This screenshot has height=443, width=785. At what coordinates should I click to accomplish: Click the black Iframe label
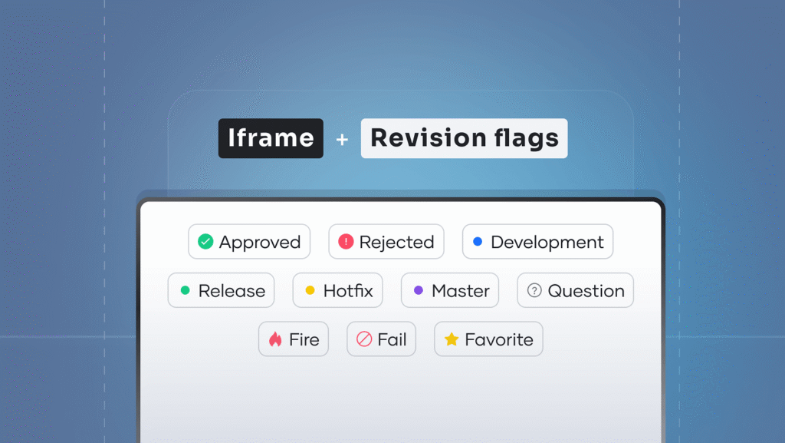coord(271,138)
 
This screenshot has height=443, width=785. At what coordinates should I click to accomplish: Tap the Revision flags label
coord(464,138)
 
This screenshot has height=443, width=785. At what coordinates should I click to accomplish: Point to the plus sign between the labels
coord(342,139)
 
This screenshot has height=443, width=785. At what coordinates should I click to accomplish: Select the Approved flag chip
coord(249,242)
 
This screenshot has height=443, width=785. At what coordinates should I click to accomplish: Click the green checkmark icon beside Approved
coord(205,242)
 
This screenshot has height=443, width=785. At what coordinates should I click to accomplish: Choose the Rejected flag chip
coord(386,242)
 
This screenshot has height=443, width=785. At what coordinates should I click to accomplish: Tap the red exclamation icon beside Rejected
coord(346,242)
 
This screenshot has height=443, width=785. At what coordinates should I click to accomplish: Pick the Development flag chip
coord(537,242)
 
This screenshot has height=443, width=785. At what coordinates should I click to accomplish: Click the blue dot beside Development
coord(478,242)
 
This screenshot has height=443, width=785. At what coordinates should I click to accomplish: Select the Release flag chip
coord(222,290)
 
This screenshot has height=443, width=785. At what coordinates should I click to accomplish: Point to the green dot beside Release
coord(186,290)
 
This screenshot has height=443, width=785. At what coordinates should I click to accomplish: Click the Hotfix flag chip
coord(338,290)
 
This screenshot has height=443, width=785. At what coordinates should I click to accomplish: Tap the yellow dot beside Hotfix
coord(310,290)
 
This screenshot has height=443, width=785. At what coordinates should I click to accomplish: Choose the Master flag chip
coord(450,290)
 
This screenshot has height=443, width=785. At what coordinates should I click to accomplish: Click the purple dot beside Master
coord(419,290)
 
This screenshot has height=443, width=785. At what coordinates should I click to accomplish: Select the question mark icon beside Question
coord(534,290)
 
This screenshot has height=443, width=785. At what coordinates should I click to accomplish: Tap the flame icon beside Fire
coord(275,339)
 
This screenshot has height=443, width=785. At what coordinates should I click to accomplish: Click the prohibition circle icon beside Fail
coord(364,339)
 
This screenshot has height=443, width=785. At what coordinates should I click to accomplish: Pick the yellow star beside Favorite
coord(452,339)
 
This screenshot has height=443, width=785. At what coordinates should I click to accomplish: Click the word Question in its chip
coord(586,291)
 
